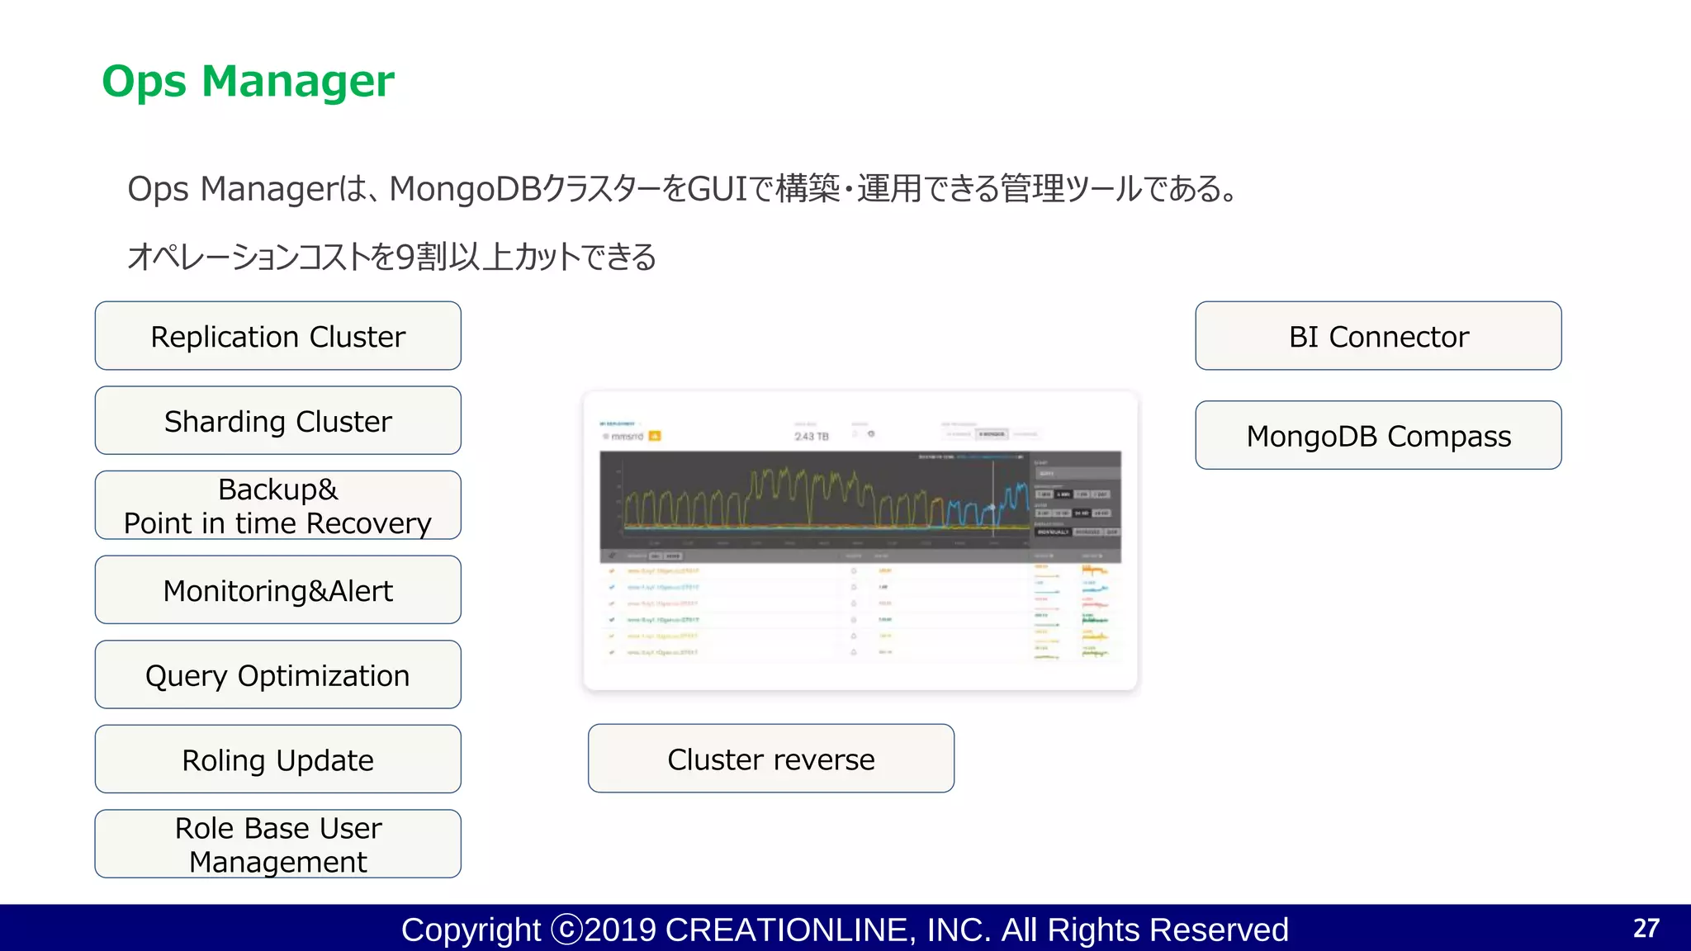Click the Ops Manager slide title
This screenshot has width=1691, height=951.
248,82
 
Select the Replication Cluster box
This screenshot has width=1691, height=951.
278,336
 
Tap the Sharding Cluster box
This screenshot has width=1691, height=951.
278,421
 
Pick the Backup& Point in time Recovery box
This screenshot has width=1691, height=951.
278,505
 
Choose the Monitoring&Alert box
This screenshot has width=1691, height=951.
278,590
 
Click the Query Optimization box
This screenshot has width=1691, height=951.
278,675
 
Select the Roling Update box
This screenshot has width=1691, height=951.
278,759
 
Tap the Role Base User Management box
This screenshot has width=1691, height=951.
278,844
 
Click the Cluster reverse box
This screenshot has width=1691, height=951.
771,759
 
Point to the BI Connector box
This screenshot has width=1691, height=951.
1378,336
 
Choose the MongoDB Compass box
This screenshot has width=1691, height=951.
1378,435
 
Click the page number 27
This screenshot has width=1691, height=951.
1646,928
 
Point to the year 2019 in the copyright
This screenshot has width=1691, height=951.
620,930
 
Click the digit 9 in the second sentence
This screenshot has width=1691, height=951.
405,257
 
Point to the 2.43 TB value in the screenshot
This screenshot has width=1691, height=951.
811,436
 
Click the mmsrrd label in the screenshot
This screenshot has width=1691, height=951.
627,436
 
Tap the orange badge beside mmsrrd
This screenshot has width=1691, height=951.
655,436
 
